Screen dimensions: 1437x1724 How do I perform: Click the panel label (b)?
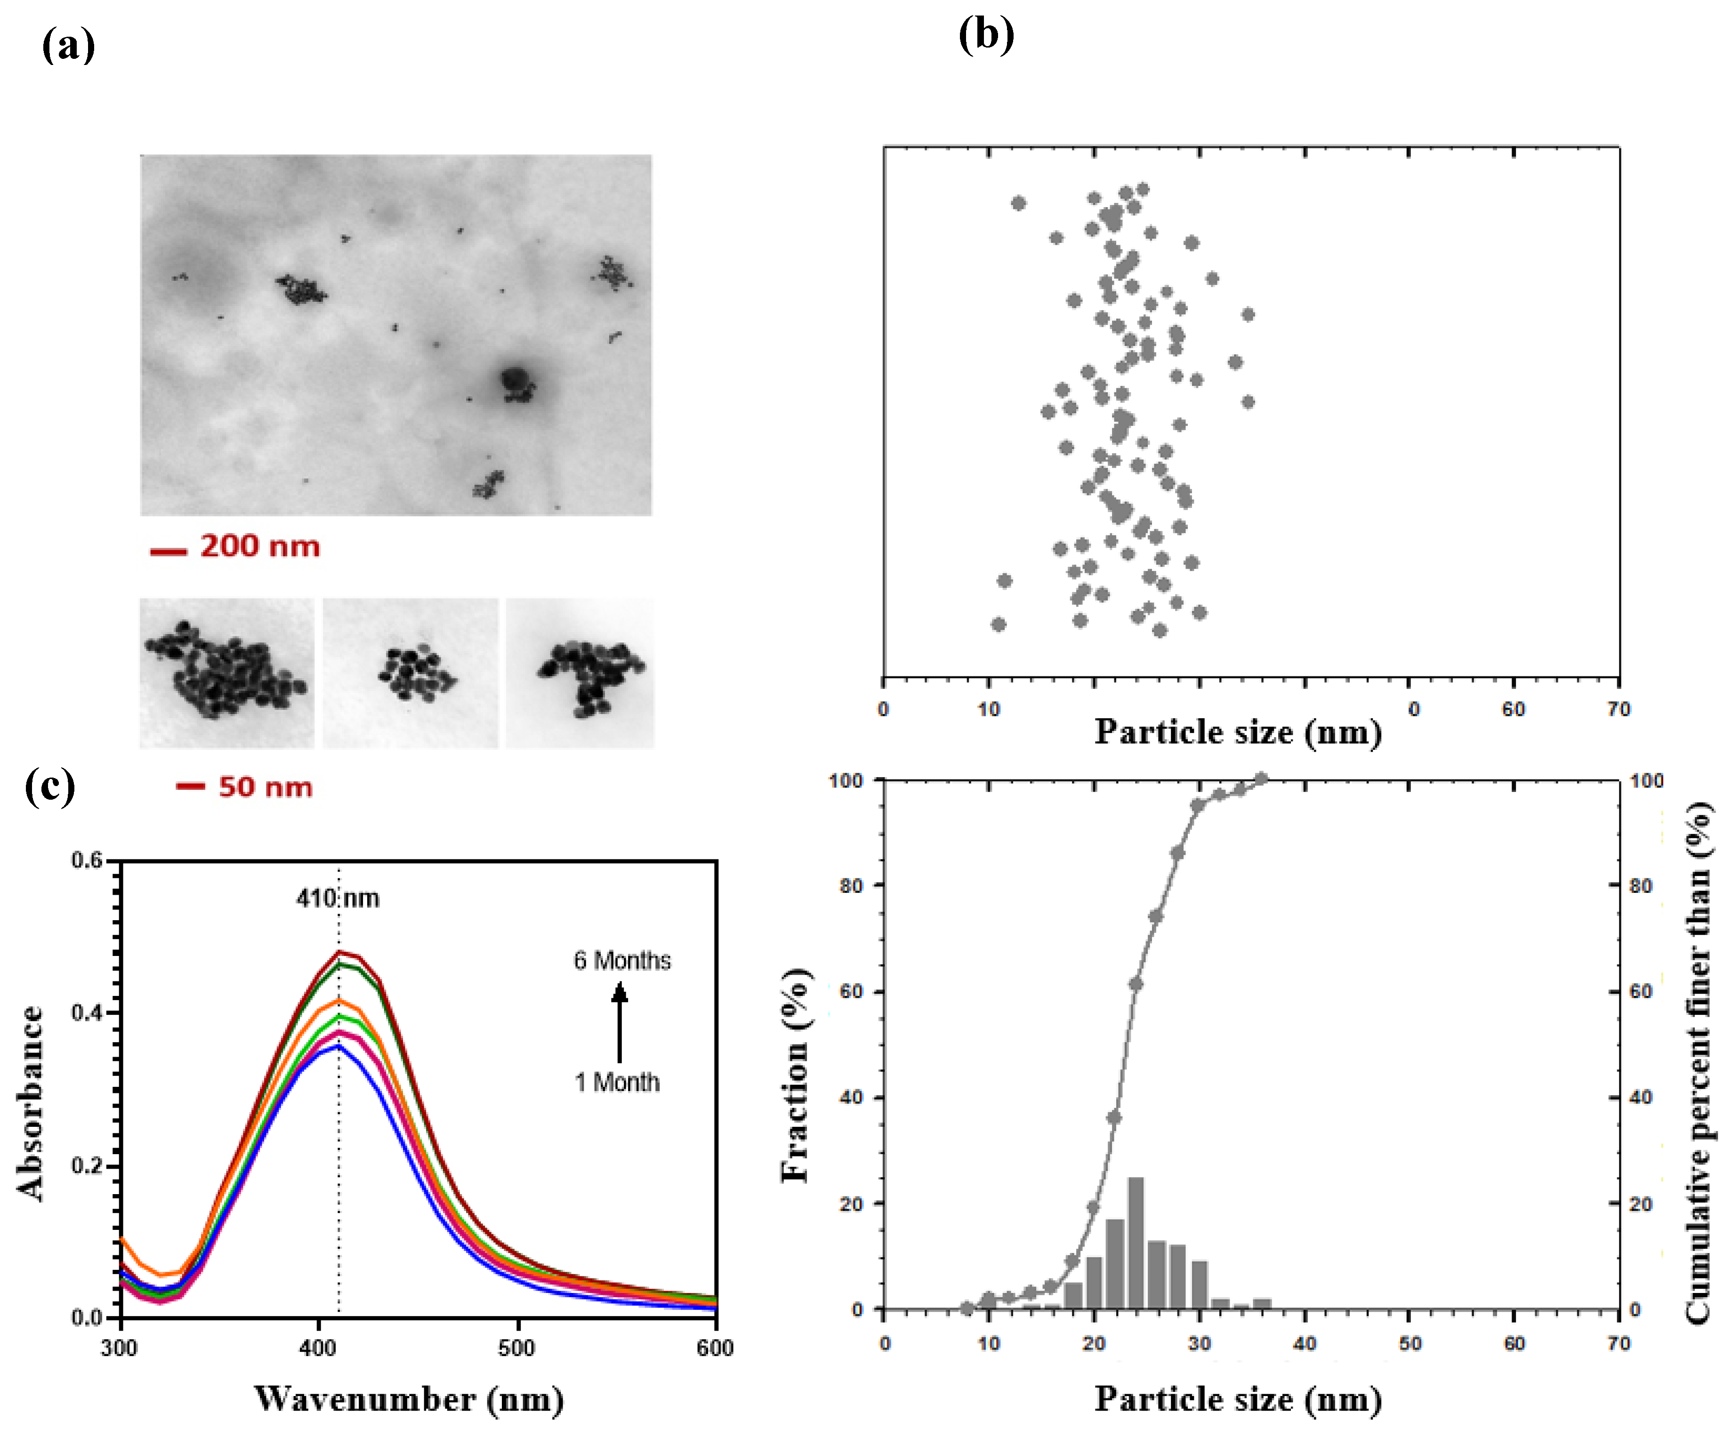point(986,35)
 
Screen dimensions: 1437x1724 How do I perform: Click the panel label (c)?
point(50,786)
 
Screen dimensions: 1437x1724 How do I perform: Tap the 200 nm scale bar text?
point(259,546)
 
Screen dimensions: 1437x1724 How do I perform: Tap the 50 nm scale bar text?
point(265,787)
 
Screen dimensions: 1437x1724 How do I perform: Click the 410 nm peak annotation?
point(338,899)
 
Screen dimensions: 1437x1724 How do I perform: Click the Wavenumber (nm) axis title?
point(408,1398)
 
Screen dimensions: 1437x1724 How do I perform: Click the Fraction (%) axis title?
point(795,1075)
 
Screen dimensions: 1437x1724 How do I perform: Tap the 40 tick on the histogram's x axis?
point(1305,1343)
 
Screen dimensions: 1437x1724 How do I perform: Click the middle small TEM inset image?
point(410,673)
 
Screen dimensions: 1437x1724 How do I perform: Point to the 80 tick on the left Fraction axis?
point(851,885)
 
